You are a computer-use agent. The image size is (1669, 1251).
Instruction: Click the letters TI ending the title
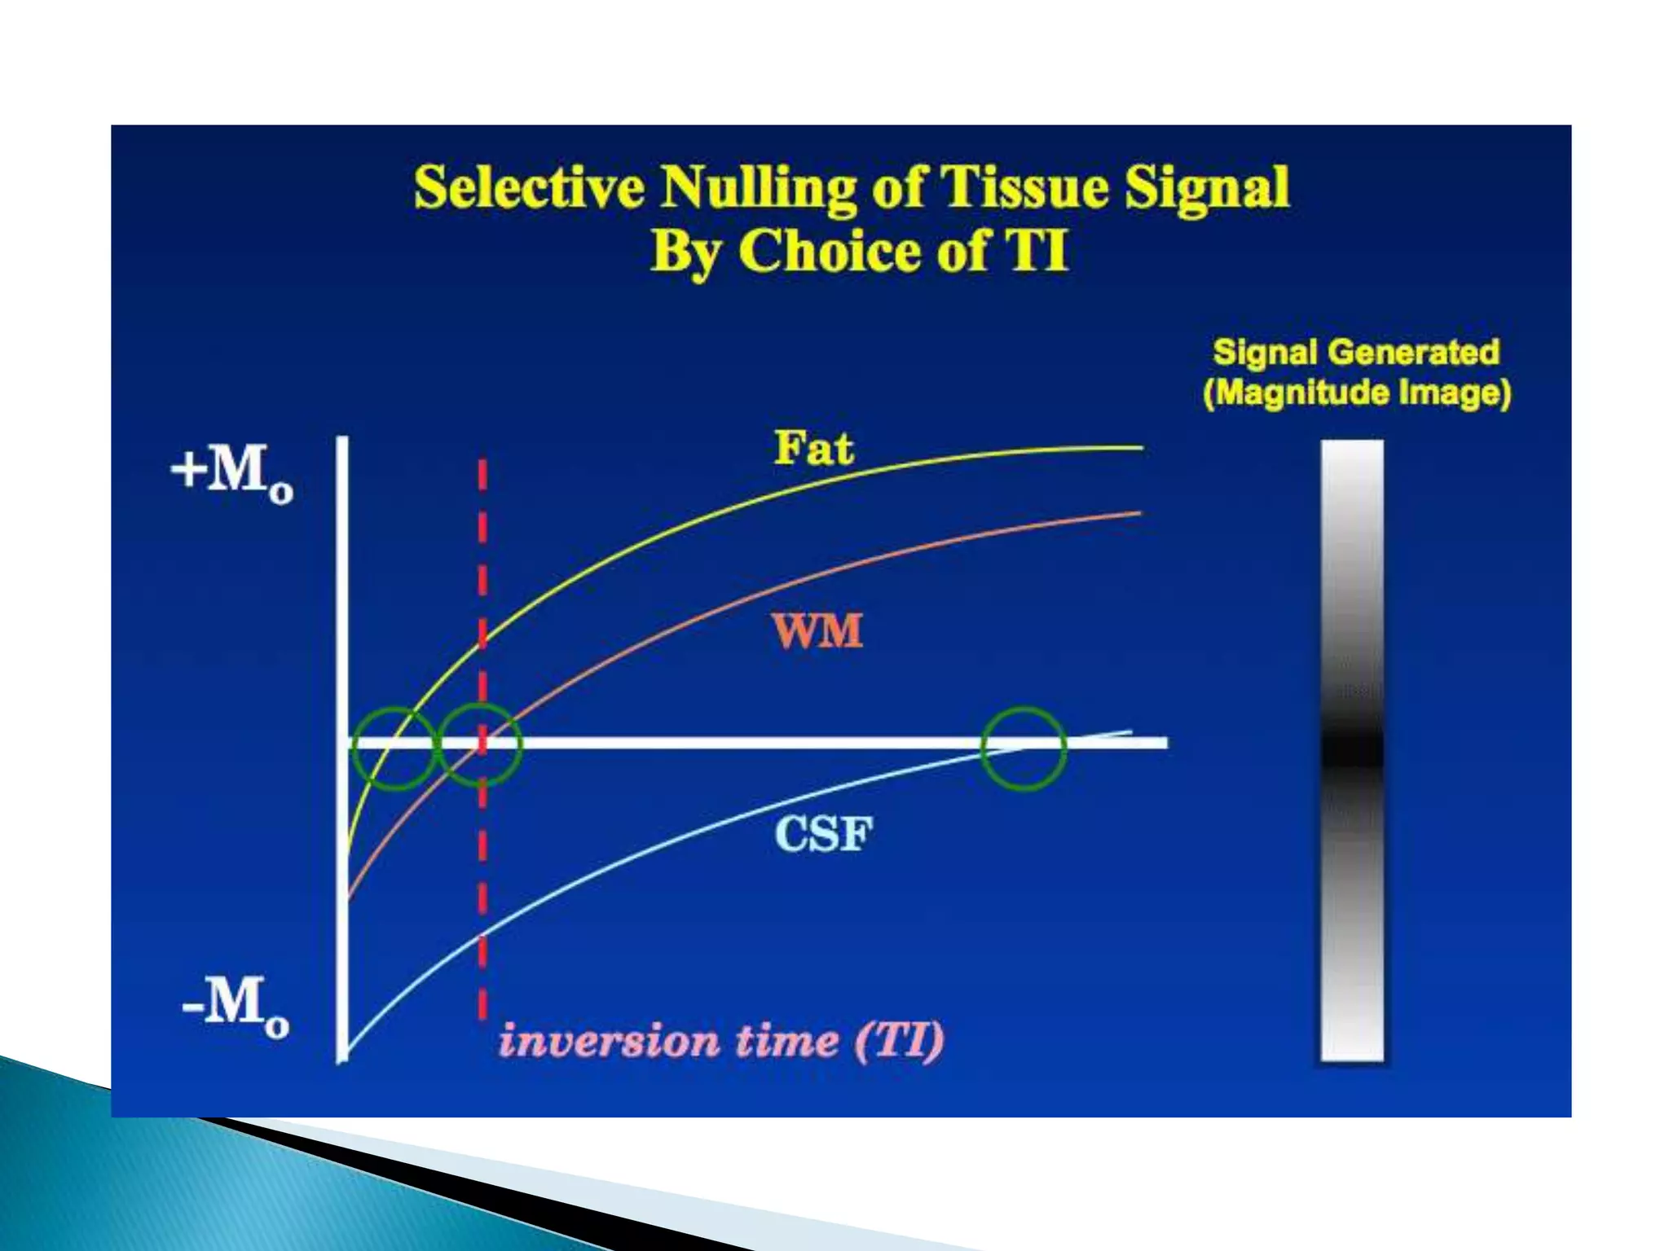(x=1037, y=251)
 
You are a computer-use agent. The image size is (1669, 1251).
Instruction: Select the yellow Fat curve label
(x=812, y=448)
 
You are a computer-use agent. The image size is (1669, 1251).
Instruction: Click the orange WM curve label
(x=817, y=631)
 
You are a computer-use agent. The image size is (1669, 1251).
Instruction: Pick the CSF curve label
(x=823, y=834)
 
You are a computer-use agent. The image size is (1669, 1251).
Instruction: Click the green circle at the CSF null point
(x=1024, y=748)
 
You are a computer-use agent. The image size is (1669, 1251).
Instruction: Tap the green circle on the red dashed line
(x=481, y=746)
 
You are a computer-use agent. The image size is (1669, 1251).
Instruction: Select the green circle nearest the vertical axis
(x=394, y=748)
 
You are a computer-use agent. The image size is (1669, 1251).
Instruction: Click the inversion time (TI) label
(x=721, y=1041)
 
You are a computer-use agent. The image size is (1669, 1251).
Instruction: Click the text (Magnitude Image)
(x=1357, y=393)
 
